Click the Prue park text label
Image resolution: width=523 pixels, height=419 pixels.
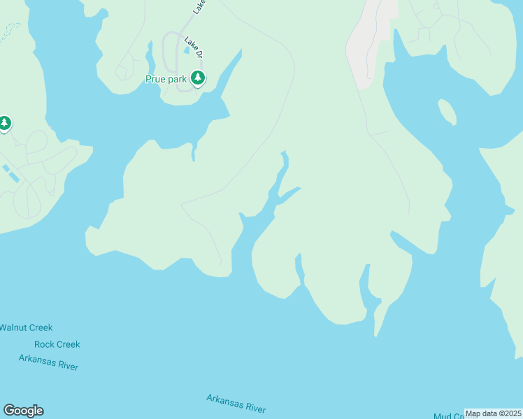[166, 79]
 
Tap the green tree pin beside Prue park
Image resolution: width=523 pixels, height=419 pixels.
[199, 78]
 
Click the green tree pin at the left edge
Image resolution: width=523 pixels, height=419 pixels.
[5, 124]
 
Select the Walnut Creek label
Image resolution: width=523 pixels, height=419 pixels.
[26, 328]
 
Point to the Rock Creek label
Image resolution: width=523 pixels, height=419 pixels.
[57, 344]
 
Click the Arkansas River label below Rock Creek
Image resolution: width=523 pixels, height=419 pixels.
[49, 362]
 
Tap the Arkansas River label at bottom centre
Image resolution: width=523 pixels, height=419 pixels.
[236, 404]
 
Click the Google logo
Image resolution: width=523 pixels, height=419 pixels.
[23, 411]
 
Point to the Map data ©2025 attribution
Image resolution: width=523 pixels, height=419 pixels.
[493, 413]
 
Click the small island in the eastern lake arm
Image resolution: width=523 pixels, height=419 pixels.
[447, 112]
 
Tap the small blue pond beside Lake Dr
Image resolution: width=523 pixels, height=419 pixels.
[187, 49]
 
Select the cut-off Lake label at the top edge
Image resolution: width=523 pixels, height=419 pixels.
[200, 6]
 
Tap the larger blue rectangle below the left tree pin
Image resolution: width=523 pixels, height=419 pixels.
[13, 175]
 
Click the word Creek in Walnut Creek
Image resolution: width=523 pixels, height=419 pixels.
[40, 328]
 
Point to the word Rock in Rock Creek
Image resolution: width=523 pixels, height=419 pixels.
[44, 344]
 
